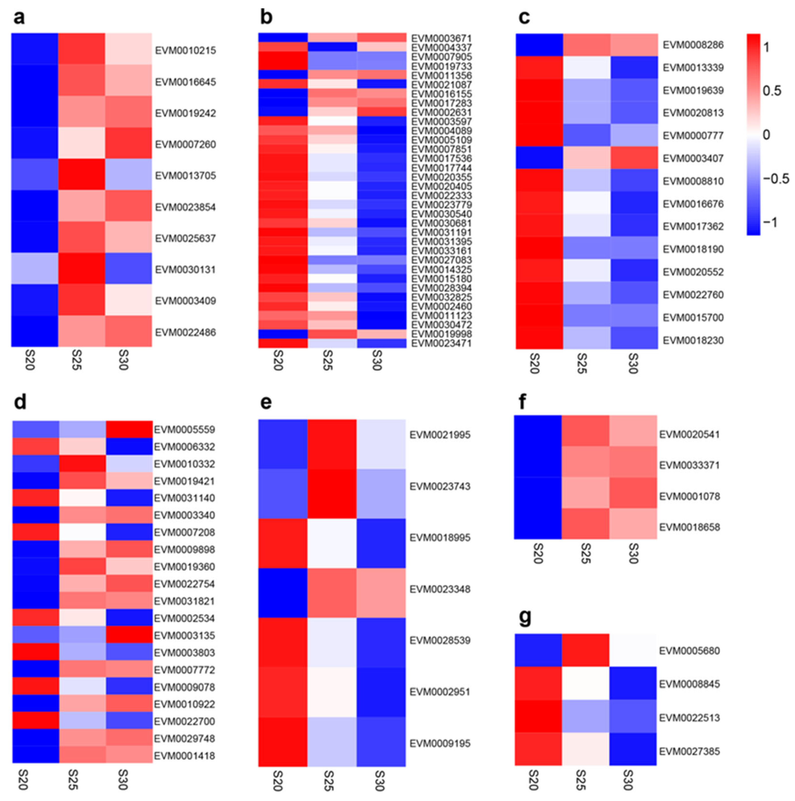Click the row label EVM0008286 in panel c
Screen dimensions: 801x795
click(693, 45)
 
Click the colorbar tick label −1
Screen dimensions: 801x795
click(772, 222)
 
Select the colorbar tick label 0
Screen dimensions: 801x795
click(766, 135)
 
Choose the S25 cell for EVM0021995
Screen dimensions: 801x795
click(332, 444)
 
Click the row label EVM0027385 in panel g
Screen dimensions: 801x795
click(689, 751)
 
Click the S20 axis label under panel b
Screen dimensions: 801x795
click(279, 360)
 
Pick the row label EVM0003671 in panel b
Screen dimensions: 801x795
click(441, 38)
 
